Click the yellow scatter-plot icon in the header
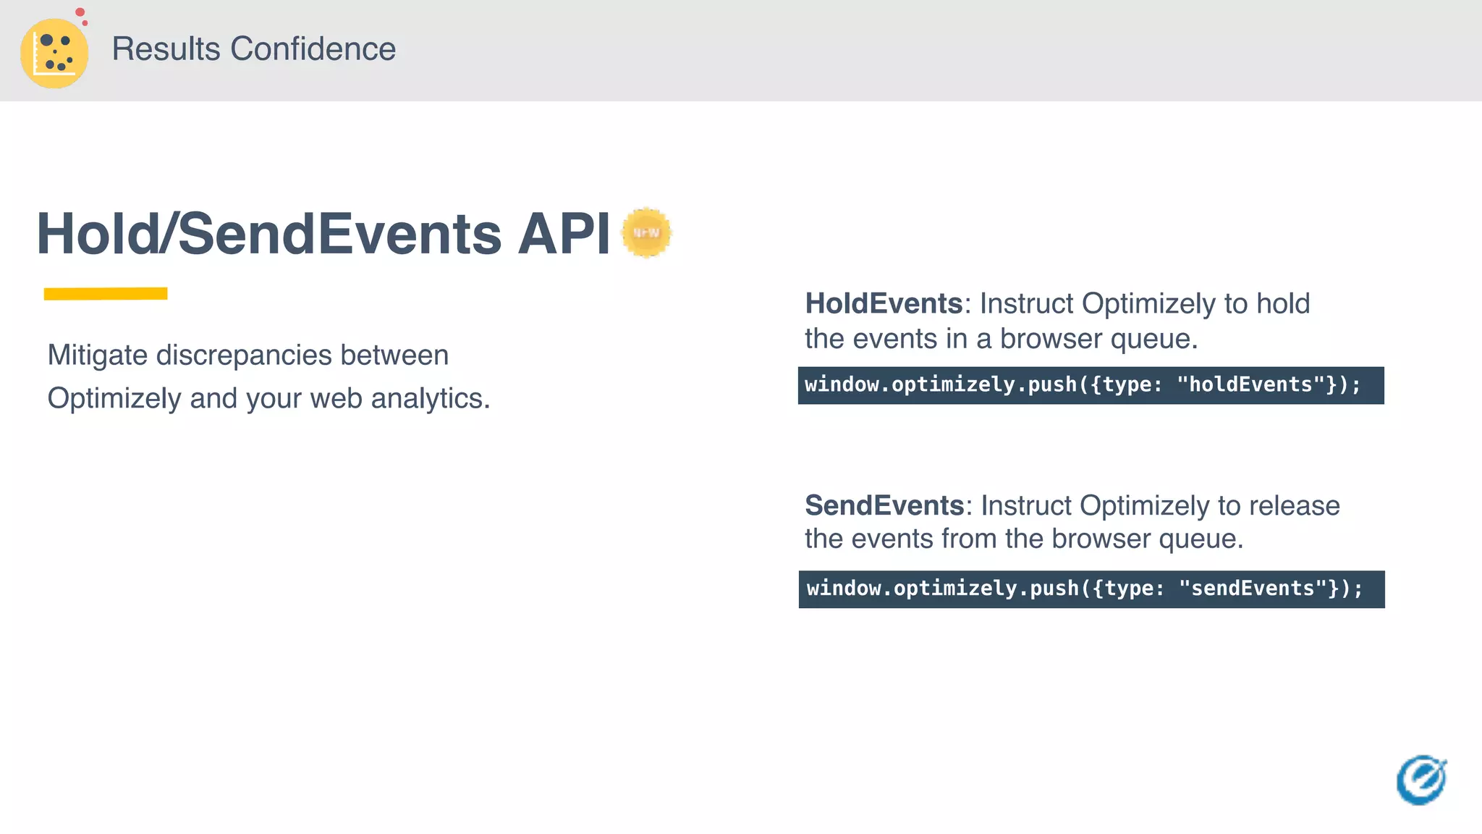[54, 54]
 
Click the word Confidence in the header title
[313, 49]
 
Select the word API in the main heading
[564, 234]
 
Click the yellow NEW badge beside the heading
[646, 232]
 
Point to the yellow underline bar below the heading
[106, 293]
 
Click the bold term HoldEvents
[884, 303]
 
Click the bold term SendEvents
[884, 505]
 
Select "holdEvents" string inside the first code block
[1250, 384]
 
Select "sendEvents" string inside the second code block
[1253, 589]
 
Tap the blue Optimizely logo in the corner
[1421, 780]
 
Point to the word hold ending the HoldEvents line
[1282, 303]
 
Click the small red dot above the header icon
[80, 12]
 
